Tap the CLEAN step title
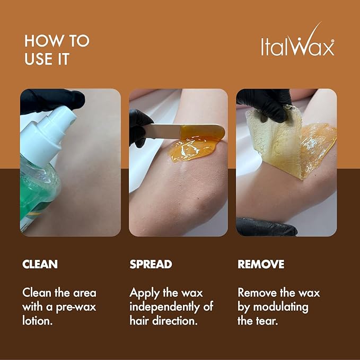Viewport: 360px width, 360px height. (x=40, y=264)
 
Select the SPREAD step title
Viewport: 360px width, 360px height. (x=151, y=264)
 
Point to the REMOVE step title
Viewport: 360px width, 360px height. (x=261, y=264)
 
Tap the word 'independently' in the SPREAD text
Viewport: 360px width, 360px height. (x=164, y=306)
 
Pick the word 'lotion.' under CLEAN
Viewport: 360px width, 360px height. (x=38, y=320)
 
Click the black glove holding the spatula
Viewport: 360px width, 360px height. (x=139, y=125)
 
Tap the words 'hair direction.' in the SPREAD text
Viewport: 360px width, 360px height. (x=164, y=320)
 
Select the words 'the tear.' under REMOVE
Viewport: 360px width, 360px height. (x=257, y=320)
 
